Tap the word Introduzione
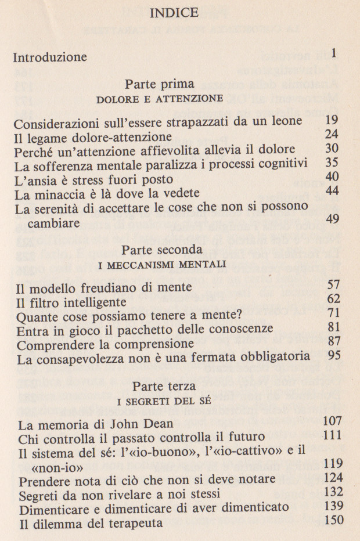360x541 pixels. [x=50, y=57]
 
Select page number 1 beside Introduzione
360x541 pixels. [x=334, y=54]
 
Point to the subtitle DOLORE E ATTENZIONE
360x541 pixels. [x=159, y=99]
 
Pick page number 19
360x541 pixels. [x=332, y=121]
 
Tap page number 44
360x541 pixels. [x=332, y=191]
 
